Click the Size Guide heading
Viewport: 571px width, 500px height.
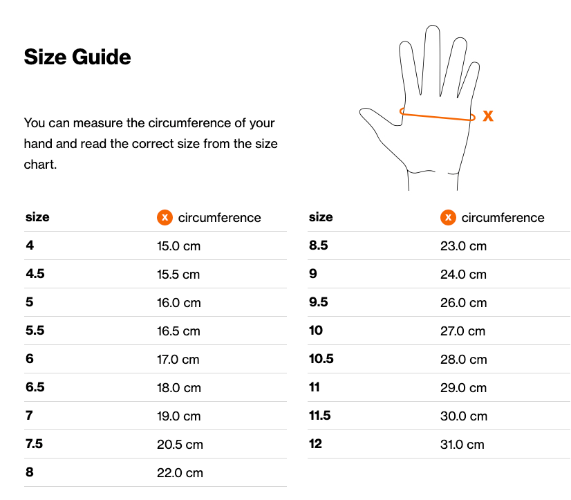click(x=77, y=57)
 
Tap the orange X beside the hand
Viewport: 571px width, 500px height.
click(x=488, y=116)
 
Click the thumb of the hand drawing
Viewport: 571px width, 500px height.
click(x=379, y=116)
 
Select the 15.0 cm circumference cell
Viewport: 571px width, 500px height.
click(x=178, y=246)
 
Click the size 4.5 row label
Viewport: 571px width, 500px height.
click(x=35, y=274)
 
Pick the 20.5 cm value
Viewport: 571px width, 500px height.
click(x=180, y=445)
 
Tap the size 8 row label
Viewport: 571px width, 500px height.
click(x=30, y=472)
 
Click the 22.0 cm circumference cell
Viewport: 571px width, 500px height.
click(x=180, y=473)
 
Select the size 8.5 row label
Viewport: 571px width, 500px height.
click(x=318, y=246)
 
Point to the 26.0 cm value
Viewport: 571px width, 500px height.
click(x=463, y=303)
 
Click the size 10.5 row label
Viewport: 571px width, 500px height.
click(x=321, y=359)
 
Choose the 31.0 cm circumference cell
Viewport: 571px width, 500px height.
click(x=462, y=445)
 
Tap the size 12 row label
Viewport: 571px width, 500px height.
click(x=315, y=444)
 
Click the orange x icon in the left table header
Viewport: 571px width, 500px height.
click(x=165, y=218)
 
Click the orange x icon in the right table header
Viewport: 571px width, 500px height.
click(x=448, y=218)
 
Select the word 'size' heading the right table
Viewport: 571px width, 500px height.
click(x=321, y=217)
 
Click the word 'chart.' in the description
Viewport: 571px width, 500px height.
click(x=40, y=165)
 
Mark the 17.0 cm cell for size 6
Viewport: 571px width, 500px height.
click(x=178, y=360)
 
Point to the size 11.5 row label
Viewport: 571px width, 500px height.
click(x=320, y=416)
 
